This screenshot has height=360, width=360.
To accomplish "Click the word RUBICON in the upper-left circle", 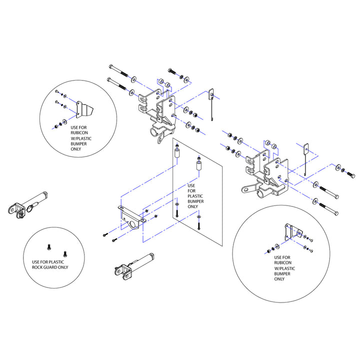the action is coord(79,132).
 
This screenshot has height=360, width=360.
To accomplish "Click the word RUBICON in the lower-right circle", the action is coord(282,262).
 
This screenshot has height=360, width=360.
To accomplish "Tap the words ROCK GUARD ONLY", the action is coord(50,267).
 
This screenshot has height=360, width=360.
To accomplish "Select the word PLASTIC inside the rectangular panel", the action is coord(195,196).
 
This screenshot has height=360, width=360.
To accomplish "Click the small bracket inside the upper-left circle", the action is coord(84,109).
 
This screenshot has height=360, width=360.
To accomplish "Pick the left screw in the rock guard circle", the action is coord(48,247).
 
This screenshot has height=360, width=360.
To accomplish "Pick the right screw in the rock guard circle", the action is coord(65,254).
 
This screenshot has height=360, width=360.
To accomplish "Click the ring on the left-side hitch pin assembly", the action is coord(30,209).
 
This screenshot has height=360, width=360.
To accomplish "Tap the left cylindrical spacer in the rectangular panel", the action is coord(177,153).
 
